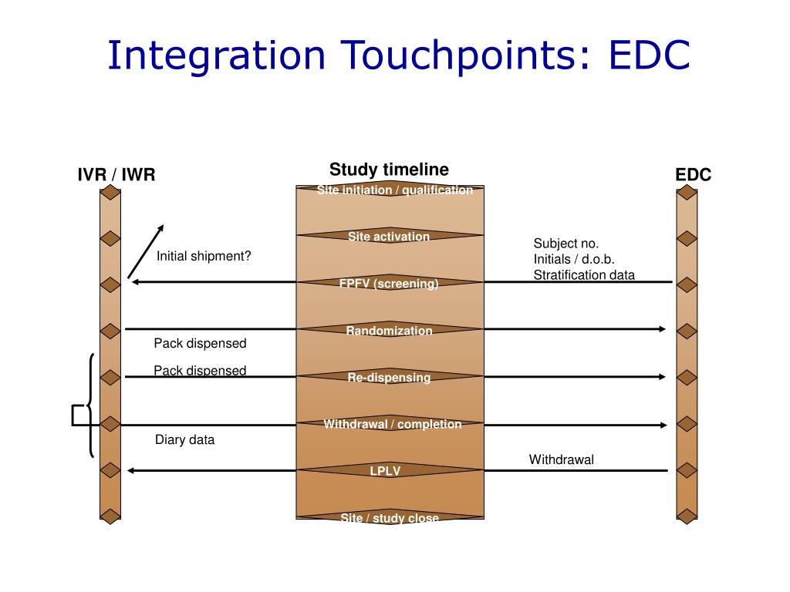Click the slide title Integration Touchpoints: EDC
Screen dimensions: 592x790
(398, 55)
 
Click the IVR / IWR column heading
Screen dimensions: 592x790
(116, 175)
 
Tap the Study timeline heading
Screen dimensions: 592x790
(389, 170)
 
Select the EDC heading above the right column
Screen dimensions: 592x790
(693, 175)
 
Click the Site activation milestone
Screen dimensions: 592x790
(389, 237)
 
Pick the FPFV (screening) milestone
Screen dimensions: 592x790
(389, 283)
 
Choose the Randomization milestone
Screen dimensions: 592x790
(389, 331)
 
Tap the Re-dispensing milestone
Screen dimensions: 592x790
(389, 377)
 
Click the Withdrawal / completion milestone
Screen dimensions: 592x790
(392, 424)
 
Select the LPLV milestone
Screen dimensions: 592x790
(386, 470)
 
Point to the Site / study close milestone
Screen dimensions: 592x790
(390, 518)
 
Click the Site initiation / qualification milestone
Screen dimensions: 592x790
(394, 190)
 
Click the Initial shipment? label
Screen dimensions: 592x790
(204, 256)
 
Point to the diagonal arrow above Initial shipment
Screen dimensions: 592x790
(146, 251)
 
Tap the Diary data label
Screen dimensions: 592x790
(185, 440)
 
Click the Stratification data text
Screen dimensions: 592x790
(584, 274)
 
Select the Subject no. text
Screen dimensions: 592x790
(565, 244)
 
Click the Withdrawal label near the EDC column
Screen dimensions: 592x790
(561, 459)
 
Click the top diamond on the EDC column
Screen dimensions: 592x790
(687, 192)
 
